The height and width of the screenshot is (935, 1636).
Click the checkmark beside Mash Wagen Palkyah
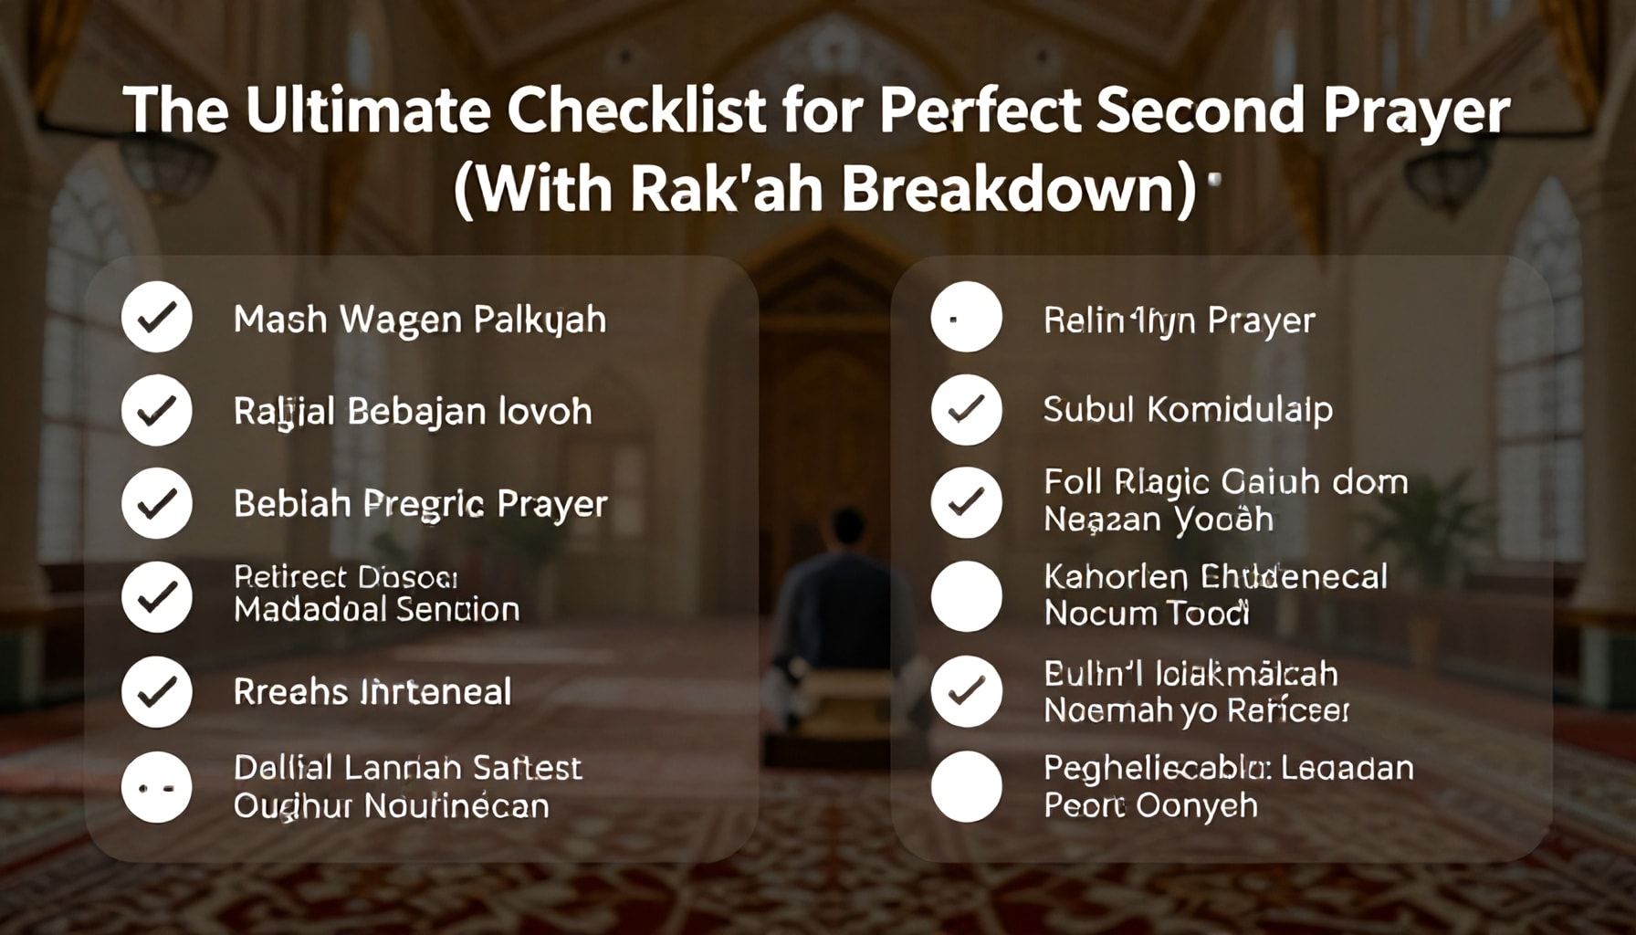157,318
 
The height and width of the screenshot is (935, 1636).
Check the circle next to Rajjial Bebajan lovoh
157,410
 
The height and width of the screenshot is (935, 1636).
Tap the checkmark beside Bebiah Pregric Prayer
157,502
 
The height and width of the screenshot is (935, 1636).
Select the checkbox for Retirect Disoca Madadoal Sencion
157,597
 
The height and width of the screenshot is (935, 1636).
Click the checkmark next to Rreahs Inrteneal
157,691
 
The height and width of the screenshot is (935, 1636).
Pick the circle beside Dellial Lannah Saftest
157,787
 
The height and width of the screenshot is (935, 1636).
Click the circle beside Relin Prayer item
966,318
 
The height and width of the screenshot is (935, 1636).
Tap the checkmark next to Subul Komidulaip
966,410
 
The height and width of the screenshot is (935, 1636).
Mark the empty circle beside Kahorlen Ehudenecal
966,596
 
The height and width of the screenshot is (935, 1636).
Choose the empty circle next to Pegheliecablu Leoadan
966,786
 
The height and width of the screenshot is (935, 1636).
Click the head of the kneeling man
848,530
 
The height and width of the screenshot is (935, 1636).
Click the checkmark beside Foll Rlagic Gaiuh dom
966,502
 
